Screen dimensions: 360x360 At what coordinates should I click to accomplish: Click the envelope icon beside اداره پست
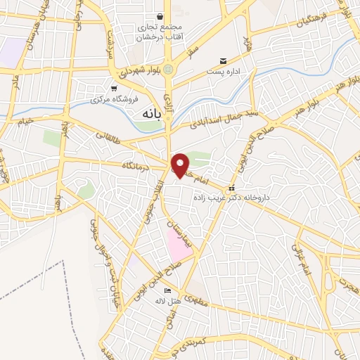[x=224, y=61]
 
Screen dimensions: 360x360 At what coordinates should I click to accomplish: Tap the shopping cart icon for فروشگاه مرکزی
[x=113, y=89]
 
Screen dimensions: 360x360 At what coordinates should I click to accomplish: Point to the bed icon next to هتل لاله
[x=167, y=290]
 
